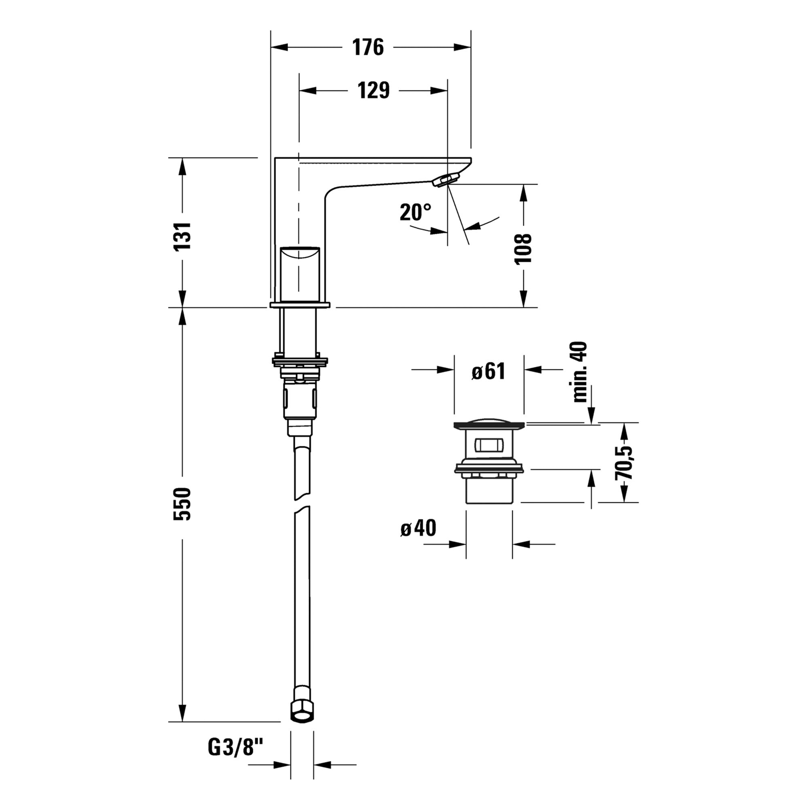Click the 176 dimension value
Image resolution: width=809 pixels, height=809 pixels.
point(368,47)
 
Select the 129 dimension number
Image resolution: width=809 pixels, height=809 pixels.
point(373,91)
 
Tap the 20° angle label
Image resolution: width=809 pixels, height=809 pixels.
point(415,212)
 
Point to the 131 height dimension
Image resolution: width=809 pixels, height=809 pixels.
point(182,236)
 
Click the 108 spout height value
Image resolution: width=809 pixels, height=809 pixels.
point(523,249)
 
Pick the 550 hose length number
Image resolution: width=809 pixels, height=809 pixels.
point(182,504)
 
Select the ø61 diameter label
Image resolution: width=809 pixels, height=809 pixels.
point(488,371)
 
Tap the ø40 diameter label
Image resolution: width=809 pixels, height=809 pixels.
point(418,528)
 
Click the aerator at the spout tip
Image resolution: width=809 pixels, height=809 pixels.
point(445,180)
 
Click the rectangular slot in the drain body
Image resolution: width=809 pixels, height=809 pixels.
point(488,445)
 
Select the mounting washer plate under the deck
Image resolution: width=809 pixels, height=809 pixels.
point(300,360)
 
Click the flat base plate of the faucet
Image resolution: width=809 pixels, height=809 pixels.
point(300,305)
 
